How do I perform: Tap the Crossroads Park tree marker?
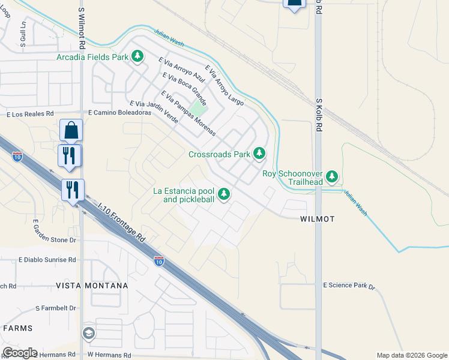point(259,154)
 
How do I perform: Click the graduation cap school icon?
point(89,334)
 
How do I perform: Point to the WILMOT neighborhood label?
point(317,220)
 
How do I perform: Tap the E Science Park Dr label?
point(349,286)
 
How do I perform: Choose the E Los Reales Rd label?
point(30,113)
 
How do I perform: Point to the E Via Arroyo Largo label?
point(224,86)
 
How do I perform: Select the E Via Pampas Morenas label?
point(187,113)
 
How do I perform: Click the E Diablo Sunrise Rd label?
point(47,260)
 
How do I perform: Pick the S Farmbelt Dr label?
point(56,308)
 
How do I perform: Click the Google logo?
point(20,353)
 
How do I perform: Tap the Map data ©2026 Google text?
point(412,355)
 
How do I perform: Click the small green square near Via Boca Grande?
point(199,110)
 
